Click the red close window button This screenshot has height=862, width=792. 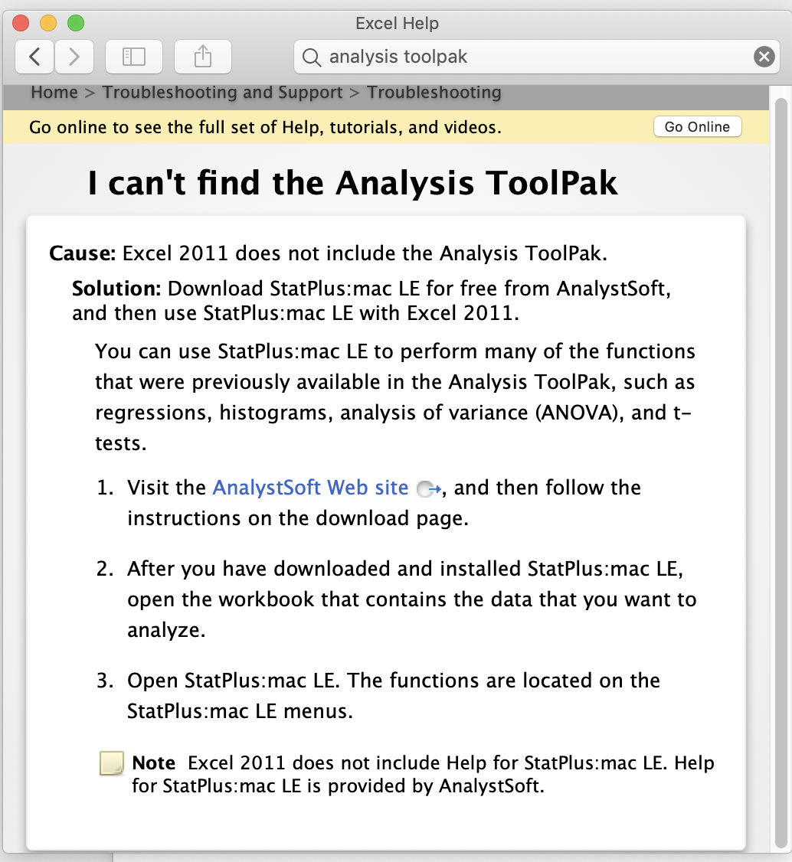pyautogui.click(x=21, y=23)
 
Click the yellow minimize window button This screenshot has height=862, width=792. pyautogui.click(x=48, y=23)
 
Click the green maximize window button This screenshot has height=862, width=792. pyautogui.click(x=76, y=23)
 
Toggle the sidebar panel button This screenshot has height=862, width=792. pyautogui.click(x=134, y=57)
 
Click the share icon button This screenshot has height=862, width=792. pyautogui.click(x=202, y=57)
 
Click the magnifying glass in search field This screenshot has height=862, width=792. pyautogui.click(x=311, y=57)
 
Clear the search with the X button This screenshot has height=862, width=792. pyautogui.click(x=764, y=57)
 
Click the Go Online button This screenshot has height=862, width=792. pyautogui.click(x=697, y=127)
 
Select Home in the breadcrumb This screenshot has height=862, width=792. pyautogui.click(x=54, y=93)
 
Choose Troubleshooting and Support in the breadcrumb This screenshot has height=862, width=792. pyautogui.click(x=222, y=93)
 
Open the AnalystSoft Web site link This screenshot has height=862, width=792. pyautogui.click(x=310, y=488)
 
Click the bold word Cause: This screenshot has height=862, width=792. pyautogui.click(x=82, y=253)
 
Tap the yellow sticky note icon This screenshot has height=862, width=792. pyautogui.click(x=112, y=764)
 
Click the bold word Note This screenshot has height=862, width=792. pyautogui.click(x=154, y=763)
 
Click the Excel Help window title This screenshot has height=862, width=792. pyautogui.click(x=397, y=24)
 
